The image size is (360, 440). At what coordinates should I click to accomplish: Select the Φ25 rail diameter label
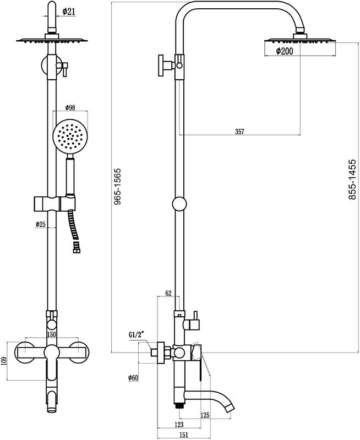coord(40,224)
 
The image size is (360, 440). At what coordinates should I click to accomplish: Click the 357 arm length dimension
coord(239,131)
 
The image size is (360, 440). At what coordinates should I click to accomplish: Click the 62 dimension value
coord(169,294)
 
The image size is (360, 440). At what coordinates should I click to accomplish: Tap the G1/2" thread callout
coord(136,334)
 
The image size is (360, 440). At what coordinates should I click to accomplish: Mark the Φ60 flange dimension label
coord(133,378)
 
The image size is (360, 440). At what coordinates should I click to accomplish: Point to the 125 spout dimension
coord(205,415)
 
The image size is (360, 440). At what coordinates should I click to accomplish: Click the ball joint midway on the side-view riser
coord(179,205)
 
